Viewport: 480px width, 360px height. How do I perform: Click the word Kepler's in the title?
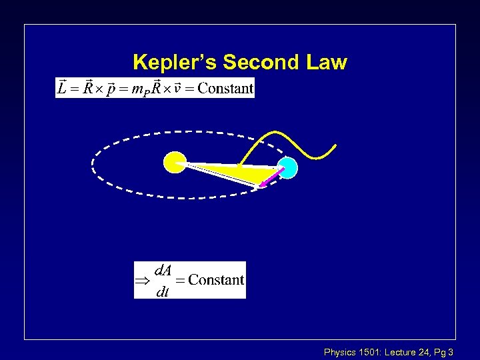(x=175, y=63)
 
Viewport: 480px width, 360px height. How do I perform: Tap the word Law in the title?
(x=327, y=63)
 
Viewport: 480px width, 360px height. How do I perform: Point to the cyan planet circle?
(x=288, y=167)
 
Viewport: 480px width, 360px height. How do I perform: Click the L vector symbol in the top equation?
(x=62, y=87)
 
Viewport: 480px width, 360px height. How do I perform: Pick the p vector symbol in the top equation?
(x=113, y=88)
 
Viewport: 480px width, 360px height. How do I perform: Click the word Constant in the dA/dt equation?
(x=216, y=280)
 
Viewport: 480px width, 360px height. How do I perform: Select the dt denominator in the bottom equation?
(x=162, y=291)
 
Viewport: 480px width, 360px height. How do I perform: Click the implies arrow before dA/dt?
(x=143, y=281)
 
